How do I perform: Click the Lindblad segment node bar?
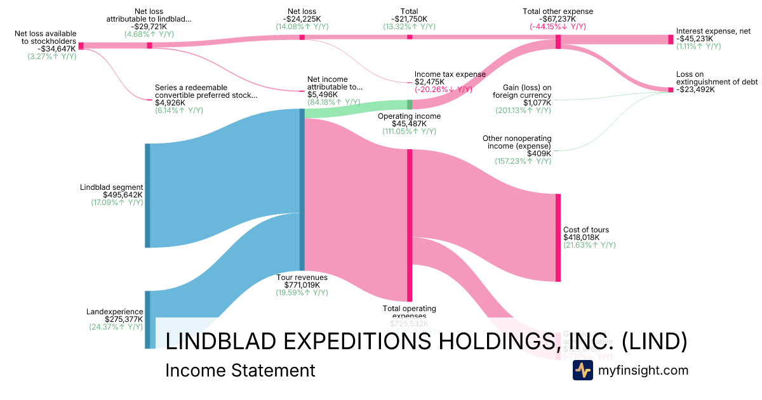point(147,196)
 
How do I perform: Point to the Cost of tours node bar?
point(558,237)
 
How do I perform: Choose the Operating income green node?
point(410,104)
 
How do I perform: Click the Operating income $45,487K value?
point(410,124)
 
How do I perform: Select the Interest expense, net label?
point(713,30)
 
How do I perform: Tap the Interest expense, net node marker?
point(671,39)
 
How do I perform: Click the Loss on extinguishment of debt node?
point(671,90)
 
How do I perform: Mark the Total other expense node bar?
point(558,42)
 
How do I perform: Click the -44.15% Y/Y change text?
point(558,27)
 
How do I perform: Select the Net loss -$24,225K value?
point(302,19)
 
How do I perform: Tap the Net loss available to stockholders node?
point(81,46)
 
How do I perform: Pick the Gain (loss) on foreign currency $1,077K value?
point(537,103)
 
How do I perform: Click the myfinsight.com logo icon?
point(582,370)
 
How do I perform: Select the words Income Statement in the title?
point(240,370)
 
